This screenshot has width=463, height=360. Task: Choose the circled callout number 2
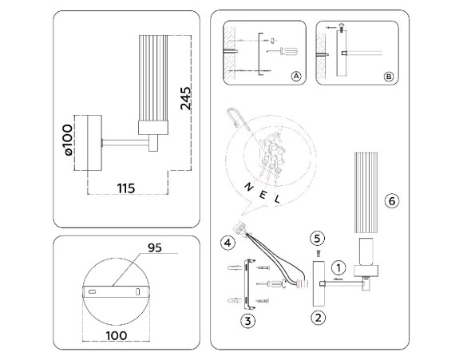coord(318,318)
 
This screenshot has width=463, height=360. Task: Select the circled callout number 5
coord(318,237)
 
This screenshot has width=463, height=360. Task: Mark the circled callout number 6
coord(390,201)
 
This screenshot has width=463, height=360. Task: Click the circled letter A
coord(295,77)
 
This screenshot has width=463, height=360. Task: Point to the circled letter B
coord(389,77)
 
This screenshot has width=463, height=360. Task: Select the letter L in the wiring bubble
coord(277,200)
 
